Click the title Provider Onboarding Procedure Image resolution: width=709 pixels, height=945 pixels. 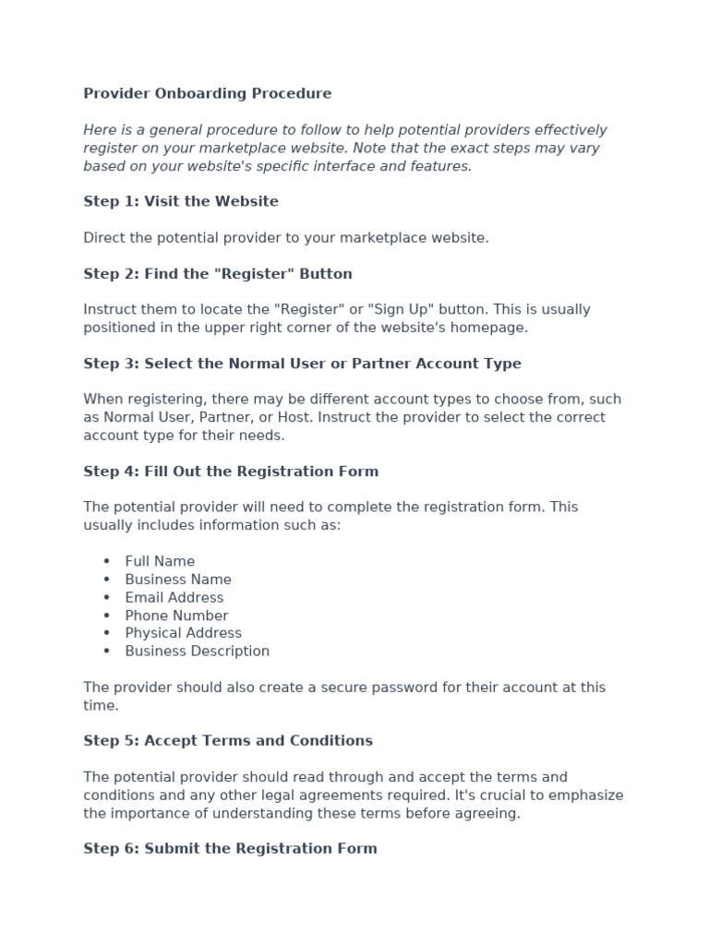click(207, 93)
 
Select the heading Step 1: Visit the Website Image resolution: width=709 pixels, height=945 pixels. click(181, 201)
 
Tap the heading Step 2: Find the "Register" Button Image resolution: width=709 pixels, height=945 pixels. click(218, 274)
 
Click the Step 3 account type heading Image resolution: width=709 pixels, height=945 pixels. click(302, 364)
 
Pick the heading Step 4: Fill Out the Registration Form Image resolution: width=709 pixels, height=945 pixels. click(231, 472)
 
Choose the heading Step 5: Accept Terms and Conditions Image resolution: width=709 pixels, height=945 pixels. click(228, 741)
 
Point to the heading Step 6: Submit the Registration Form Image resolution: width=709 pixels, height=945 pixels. click(230, 849)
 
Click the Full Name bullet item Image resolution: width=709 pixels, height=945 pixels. click(160, 561)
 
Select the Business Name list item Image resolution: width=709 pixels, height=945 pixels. click(178, 580)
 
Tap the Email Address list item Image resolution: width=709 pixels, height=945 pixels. click(174, 597)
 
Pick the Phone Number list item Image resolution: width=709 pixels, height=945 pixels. click(176, 616)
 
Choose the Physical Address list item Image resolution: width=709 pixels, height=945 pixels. click(183, 633)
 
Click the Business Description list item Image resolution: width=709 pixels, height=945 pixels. click(198, 652)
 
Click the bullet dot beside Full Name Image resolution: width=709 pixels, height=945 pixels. click(107, 561)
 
